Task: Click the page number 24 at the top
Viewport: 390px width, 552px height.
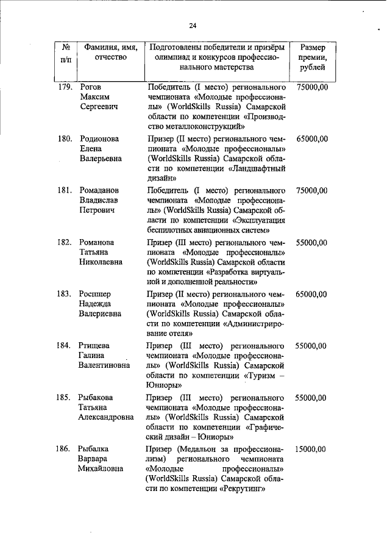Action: point(193,25)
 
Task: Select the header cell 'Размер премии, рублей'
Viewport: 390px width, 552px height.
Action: point(313,57)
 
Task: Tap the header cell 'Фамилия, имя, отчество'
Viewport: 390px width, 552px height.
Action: point(110,52)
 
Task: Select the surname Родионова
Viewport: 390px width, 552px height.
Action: point(99,139)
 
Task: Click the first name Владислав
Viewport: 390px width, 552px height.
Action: point(99,201)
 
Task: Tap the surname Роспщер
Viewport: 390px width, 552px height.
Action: point(94,294)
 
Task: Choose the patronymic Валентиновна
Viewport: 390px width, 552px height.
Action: point(104,365)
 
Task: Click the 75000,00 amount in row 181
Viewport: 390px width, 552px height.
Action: point(312,191)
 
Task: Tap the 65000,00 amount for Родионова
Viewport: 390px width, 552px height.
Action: point(312,139)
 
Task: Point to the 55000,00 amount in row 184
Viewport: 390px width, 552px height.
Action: point(312,346)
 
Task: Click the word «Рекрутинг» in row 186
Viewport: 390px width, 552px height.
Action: point(244,489)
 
